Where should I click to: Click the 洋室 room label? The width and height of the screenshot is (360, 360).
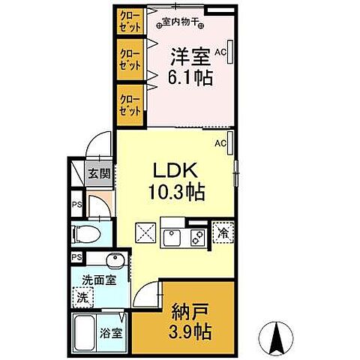point(190,56)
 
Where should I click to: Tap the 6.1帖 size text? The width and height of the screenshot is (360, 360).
point(190,77)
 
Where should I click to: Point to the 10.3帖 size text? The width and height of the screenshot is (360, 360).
point(177,192)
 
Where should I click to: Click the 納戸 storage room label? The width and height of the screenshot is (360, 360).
point(190,312)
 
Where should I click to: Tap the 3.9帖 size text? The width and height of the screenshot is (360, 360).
point(190,331)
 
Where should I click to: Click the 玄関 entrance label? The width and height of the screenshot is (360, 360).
point(99,173)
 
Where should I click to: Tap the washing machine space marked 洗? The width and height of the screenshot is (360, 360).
point(83,298)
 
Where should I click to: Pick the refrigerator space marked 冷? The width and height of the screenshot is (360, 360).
point(223,233)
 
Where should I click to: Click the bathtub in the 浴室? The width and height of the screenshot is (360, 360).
point(85,332)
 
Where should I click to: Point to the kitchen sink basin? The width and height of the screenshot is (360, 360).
point(172,238)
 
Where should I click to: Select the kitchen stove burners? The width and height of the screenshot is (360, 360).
point(198,238)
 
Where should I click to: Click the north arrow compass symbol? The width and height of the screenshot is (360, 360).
point(276,338)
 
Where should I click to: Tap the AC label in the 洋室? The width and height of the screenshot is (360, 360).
point(220,52)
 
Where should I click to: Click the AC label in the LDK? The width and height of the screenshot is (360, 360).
point(220,143)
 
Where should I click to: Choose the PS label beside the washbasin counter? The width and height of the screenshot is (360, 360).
point(76,257)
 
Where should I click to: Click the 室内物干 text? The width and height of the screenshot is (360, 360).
point(180,22)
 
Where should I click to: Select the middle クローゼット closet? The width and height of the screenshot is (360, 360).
point(130,59)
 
